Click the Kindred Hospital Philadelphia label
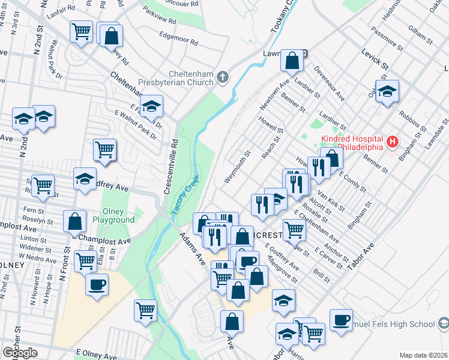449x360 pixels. (x=352, y=143)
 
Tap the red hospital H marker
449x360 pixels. (x=393, y=142)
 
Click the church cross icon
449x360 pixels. (x=223, y=76)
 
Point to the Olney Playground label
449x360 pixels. (x=113, y=215)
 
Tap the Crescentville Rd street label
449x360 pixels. (x=172, y=168)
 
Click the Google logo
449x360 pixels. (x=20, y=353)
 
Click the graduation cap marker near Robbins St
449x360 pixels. (x=387, y=91)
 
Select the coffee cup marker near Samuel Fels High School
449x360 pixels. (x=342, y=320)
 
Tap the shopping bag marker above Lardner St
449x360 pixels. (x=292, y=60)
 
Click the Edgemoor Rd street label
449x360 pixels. (x=178, y=40)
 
